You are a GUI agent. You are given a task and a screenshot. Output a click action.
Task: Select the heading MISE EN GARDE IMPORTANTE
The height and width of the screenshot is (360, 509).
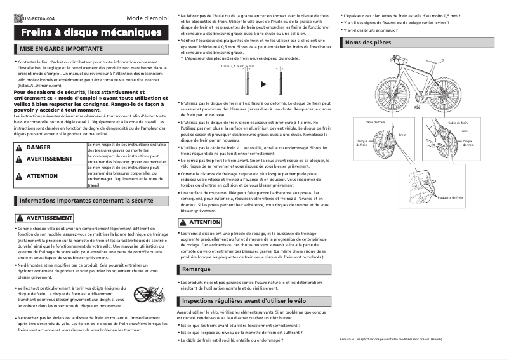(x=61, y=48)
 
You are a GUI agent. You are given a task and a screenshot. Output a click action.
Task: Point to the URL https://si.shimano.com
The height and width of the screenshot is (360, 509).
(x=43, y=85)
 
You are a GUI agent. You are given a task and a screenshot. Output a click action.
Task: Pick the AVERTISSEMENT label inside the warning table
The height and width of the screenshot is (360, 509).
(x=49, y=159)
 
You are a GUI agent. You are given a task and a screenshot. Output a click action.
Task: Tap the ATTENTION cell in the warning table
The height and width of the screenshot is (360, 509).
(x=42, y=176)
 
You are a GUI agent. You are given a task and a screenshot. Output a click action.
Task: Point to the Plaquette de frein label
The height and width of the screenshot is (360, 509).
(x=450, y=197)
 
